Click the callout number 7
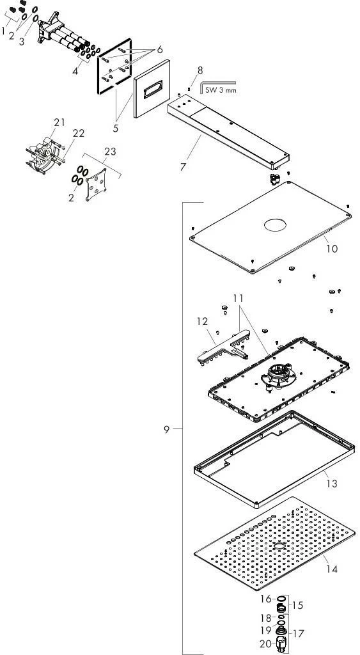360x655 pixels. pyautogui.click(x=184, y=167)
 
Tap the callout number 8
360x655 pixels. pyautogui.click(x=200, y=70)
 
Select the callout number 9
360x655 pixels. pyautogui.click(x=167, y=429)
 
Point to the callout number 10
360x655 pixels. pyautogui.click(x=332, y=249)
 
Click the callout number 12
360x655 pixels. pyautogui.click(x=202, y=321)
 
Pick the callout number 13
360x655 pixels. pyautogui.click(x=332, y=484)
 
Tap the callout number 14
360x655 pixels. pyautogui.click(x=332, y=569)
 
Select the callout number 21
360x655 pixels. pyautogui.click(x=59, y=122)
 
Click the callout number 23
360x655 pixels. pyautogui.click(x=110, y=151)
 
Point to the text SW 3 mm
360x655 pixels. pyautogui.click(x=221, y=89)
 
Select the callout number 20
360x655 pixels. pyautogui.click(x=265, y=644)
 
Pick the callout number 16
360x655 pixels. pyautogui.click(x=266, y=599)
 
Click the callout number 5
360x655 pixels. pyautogui.click(x=115, y=128)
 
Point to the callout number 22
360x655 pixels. pyautogui.click(x=79, y=133)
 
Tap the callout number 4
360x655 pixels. pyautogui.click(x=75, y=71)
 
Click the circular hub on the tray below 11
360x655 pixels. pyautogui.click(x=278, y=373)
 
